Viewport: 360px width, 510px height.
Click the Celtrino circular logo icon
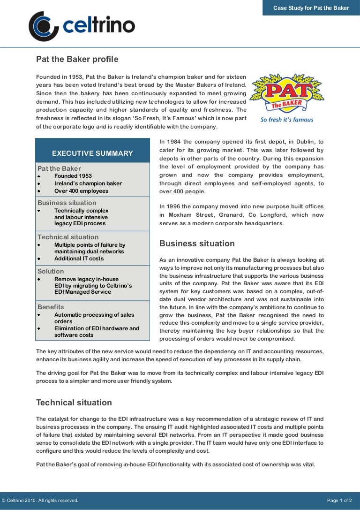point(43,26)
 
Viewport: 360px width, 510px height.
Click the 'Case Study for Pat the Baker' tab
point(311,8)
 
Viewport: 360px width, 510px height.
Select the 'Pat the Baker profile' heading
point(77,59)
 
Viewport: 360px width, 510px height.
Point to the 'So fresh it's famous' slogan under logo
point(287,120)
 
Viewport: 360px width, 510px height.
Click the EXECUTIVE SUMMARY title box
point(92,153)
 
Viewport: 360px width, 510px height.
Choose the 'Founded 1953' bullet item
point(73,176)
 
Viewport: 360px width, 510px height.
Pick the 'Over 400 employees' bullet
point(81,191)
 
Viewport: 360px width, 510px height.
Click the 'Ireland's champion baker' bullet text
point(88,183)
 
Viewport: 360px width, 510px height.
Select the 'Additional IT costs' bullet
point(79,259)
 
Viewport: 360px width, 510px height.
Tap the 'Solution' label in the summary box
point(51,271)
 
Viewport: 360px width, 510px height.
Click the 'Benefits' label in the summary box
point(51,307)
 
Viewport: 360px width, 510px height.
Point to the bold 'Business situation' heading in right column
point(197,244)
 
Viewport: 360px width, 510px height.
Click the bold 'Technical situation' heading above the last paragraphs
point(74,403)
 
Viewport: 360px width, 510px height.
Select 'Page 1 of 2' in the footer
point(339,501)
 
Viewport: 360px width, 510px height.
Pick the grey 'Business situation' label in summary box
point(67,203)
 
